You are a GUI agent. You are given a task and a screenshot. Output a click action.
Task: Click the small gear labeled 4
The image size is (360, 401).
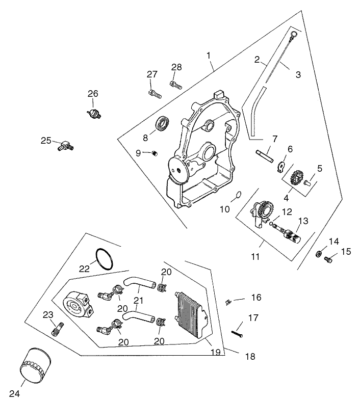click(x=295, y=178)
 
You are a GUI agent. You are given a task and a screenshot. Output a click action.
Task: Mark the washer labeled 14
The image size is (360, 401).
click(x=318, y=253)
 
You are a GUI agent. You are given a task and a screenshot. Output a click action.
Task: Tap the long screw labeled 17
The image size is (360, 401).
click(x=239, y=332)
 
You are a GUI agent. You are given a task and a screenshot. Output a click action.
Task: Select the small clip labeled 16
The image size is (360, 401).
click(x=229, y=302)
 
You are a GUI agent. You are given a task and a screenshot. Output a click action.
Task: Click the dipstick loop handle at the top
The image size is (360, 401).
click(x=293, y=35)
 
